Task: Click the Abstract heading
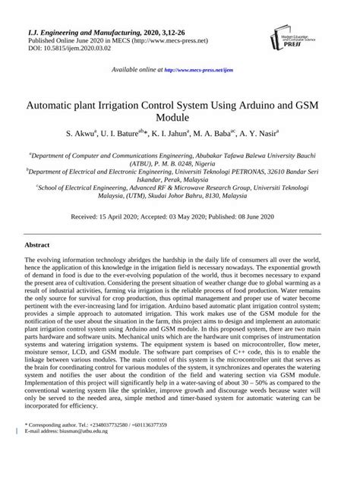[x=37, y=245]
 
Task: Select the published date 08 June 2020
[x=254, y=216]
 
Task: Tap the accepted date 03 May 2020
[x=194, y=216]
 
